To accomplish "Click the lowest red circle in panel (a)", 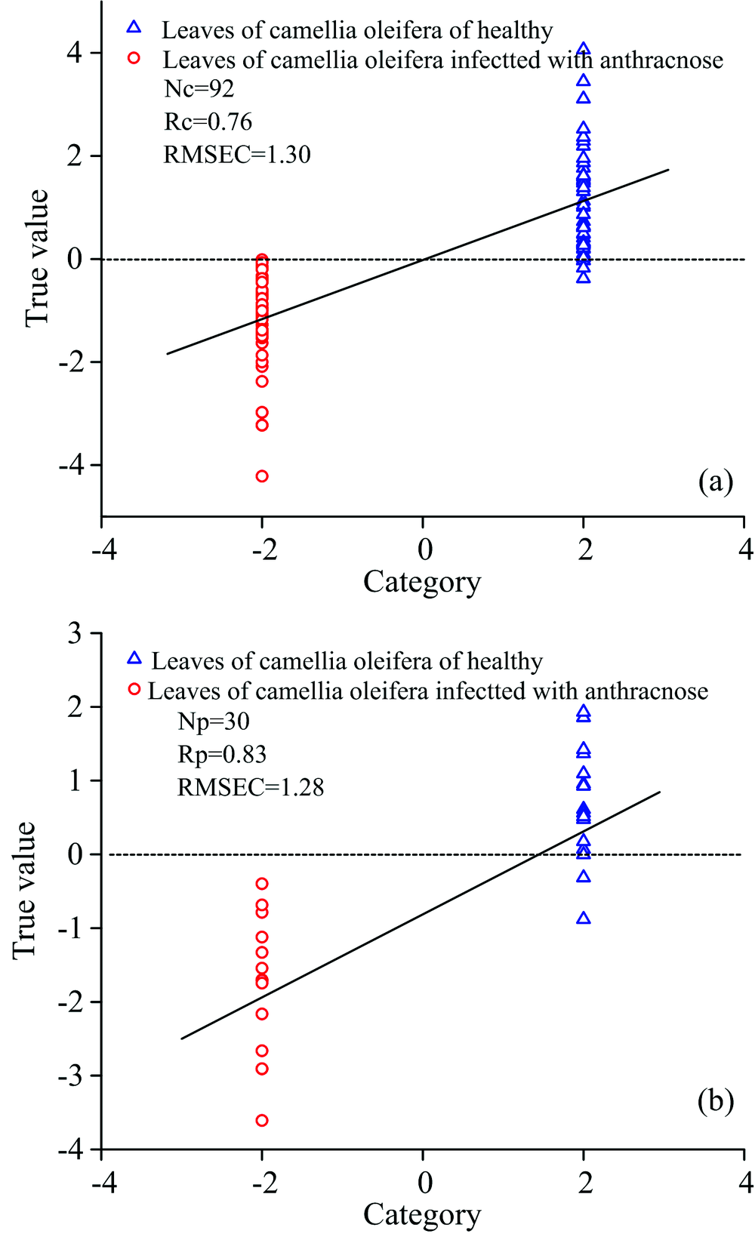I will (x=262, y=476).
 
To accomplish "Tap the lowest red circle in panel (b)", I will (x=262, y=1121).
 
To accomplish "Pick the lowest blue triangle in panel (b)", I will (x=583, y=919).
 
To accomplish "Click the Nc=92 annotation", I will (x=199, y=89).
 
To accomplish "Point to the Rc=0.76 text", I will (x=208, y=122).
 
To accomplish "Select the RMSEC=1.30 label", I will (x=237, y=155).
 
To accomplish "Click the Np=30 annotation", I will (x=214, y=722).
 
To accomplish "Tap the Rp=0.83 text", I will (x=222, y=755).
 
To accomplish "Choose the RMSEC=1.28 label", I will (x=251, y=788).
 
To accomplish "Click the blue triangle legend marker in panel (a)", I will (x=134, y=27).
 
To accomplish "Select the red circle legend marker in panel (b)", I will (x=134, y=688).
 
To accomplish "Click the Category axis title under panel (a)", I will (x=422, y=582).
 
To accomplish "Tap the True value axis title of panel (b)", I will (x=25, y=891).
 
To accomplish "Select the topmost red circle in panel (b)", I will (x=262, y=884).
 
